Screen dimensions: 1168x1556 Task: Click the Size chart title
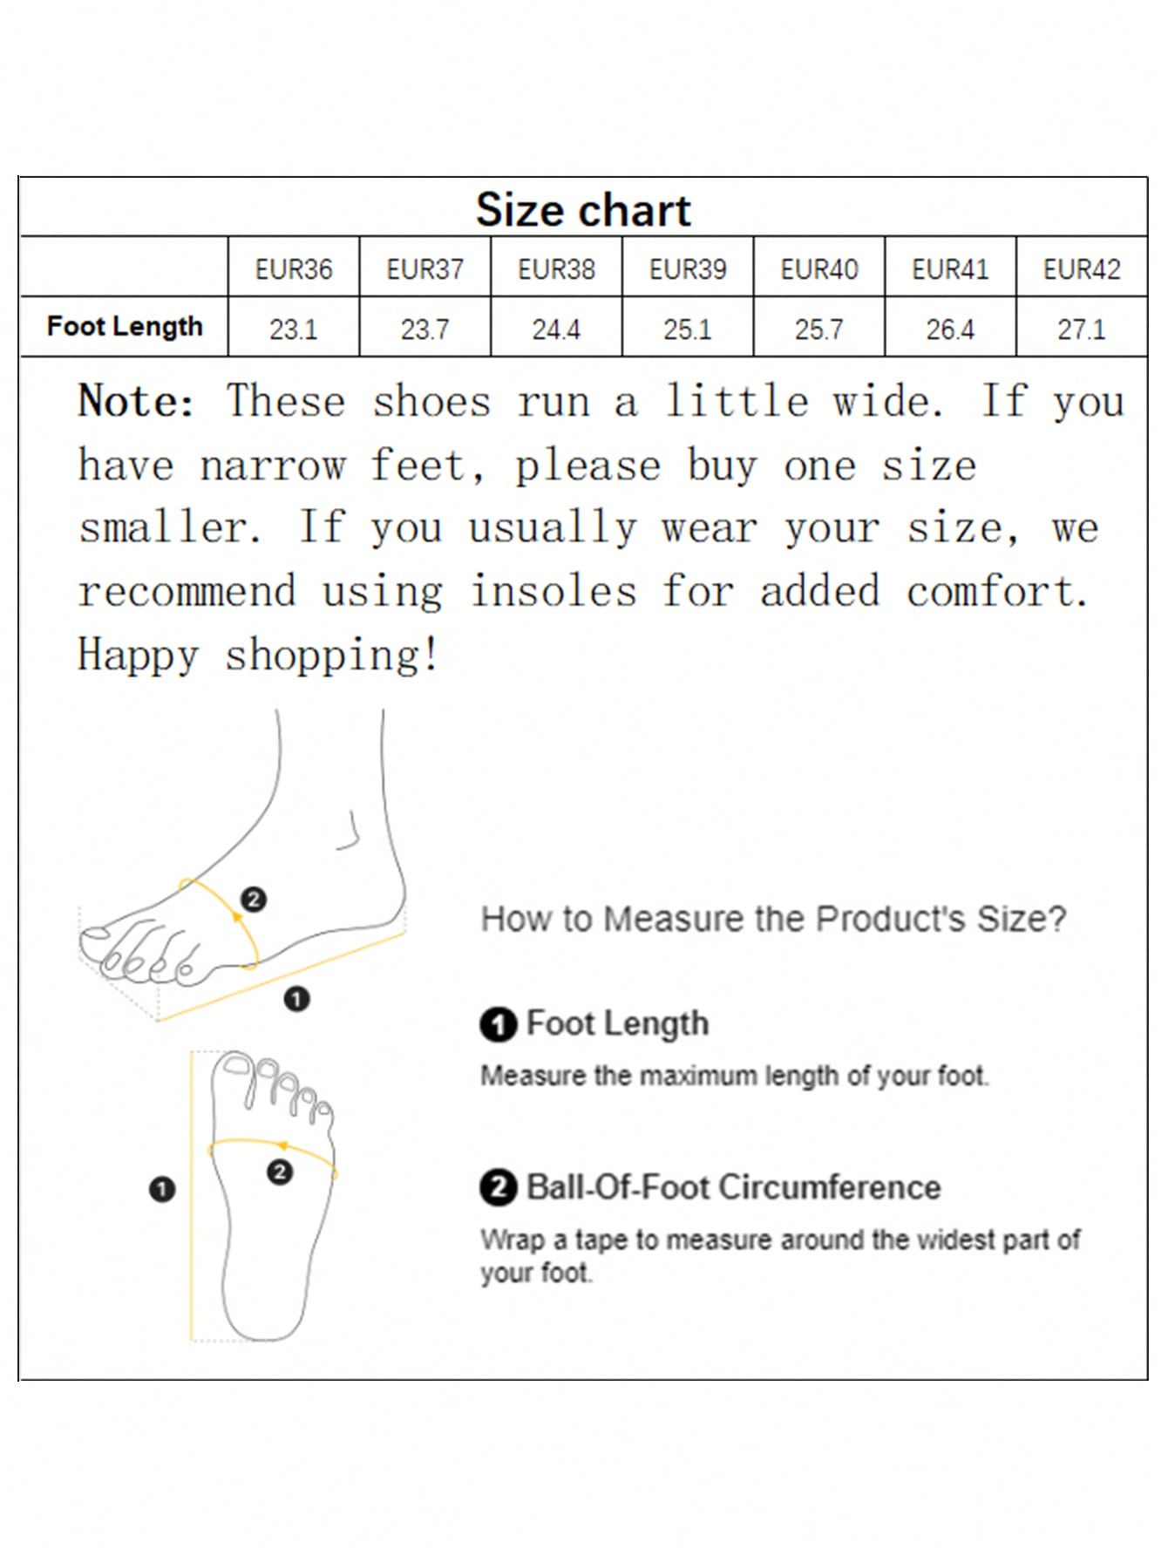tap(583, 210)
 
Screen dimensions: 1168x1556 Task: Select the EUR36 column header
tap(294, 268)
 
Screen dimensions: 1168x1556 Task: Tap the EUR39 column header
tap(688, 268)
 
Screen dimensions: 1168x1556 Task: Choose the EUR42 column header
tap(1082, 268)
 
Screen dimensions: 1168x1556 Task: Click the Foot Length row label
tap(125, 327)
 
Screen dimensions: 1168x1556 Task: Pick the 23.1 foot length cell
tap(294, 330)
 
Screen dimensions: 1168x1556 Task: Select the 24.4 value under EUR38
tap(556, 330)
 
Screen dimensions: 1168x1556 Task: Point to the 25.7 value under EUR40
tap(819, 330)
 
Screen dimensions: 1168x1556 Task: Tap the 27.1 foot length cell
tap(1082, 330)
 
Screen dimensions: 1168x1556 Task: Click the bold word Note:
tap(136, 402)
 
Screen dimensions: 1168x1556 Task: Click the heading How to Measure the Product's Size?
tap(774, 919)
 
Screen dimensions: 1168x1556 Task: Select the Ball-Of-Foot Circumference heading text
tap(734, 1187)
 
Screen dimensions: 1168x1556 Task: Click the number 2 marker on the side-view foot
tap(254, 899)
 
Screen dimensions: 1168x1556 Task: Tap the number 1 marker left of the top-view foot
tap(162, 1189)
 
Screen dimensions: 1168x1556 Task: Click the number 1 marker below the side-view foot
tap(296, 999)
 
